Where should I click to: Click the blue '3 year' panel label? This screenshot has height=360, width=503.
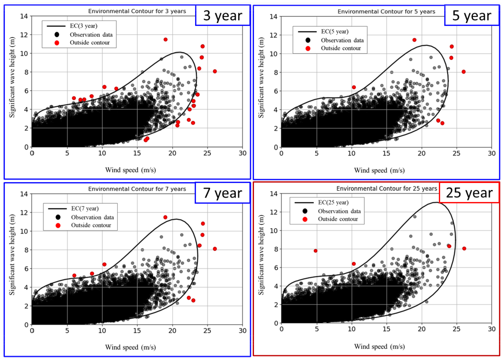pos(222,16)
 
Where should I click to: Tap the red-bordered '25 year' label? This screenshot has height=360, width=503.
pos(469,193)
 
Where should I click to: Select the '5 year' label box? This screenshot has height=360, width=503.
pos(471,16)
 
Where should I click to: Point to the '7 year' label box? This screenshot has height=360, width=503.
pos(222,193)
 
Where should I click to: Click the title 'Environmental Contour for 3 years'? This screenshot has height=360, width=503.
pos(137,11)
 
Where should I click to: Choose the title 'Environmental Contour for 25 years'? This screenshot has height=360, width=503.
pos(386,189)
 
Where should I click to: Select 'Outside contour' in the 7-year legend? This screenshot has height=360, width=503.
pos(91,225)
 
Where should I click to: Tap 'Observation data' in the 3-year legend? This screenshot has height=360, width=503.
pos(91,35)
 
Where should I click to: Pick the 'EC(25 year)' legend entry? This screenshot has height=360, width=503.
pos(333,203)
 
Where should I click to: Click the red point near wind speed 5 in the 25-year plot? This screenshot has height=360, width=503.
pos(315,251)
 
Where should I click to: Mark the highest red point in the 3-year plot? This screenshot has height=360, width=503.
pos(166,40)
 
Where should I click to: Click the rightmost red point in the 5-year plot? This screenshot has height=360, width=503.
pos(463,72)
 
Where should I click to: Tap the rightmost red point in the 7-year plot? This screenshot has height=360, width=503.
pos(215,249)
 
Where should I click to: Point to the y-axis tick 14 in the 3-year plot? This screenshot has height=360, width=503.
pos(24,16)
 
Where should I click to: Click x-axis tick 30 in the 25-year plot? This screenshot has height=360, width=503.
pos(491,329)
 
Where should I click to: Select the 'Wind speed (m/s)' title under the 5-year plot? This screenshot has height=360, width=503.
pos(379,170)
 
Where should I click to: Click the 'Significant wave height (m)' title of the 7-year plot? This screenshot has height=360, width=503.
pos(12,255)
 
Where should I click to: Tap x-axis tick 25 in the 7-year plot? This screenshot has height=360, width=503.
pos(207,331)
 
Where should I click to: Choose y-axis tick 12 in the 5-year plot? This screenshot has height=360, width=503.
pos(274,35)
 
